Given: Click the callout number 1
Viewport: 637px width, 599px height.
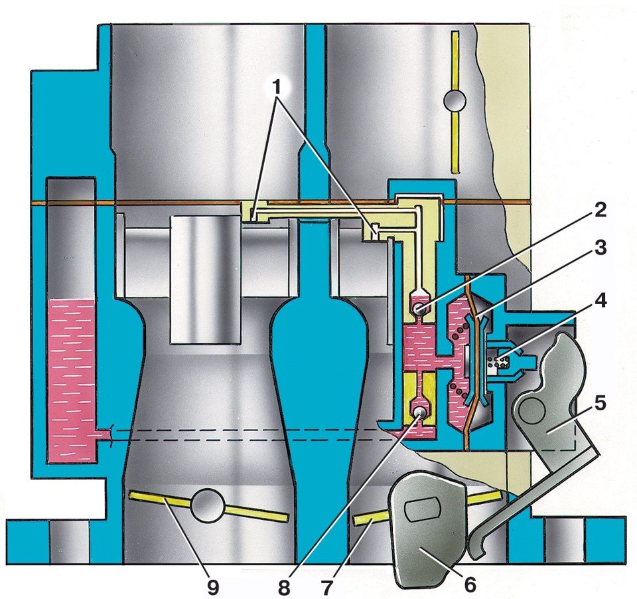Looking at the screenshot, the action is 277,86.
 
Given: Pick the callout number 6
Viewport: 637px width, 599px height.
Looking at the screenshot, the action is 470,585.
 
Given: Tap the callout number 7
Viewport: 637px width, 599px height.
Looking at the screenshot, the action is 327,587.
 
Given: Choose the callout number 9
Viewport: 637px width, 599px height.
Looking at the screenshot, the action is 212,587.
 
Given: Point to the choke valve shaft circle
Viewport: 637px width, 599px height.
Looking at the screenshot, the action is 455,100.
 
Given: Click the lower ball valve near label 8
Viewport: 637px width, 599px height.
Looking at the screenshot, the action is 419,414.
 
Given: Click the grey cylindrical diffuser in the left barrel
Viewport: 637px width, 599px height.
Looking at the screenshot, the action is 205,281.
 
